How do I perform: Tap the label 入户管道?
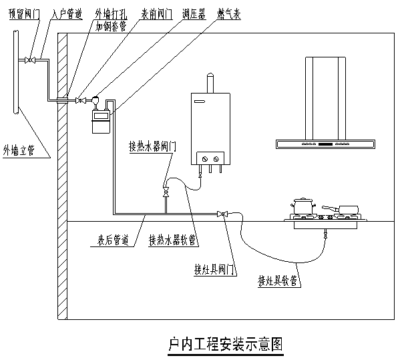[66, 14]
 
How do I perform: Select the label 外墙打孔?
[107, 13]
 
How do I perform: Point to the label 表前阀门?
[154, 13]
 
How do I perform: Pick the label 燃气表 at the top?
[231, 13]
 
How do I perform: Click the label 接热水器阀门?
[153, 147]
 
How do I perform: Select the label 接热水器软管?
[172, 238]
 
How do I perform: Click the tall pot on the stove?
[304, 205]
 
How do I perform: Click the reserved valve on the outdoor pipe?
[29, 61]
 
